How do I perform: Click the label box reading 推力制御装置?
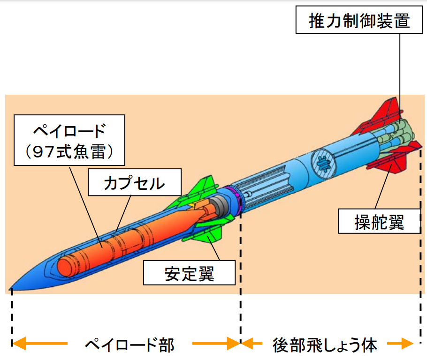click(359, 21)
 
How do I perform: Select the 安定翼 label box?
click(189, 273)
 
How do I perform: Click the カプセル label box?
click(134, 182)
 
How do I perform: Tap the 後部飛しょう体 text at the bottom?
click(325, 345)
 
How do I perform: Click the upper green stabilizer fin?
click(203, 189)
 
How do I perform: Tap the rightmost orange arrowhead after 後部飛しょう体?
click(407, 345)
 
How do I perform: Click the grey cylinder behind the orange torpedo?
click(218, 206)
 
